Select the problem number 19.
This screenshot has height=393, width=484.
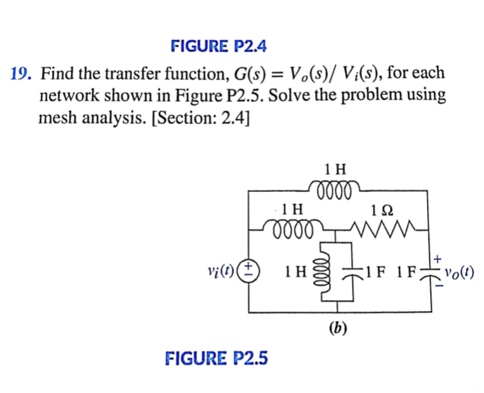[22, 74]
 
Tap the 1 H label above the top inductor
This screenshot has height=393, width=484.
[335, 170]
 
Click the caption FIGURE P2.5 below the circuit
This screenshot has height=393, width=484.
[216, 359]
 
